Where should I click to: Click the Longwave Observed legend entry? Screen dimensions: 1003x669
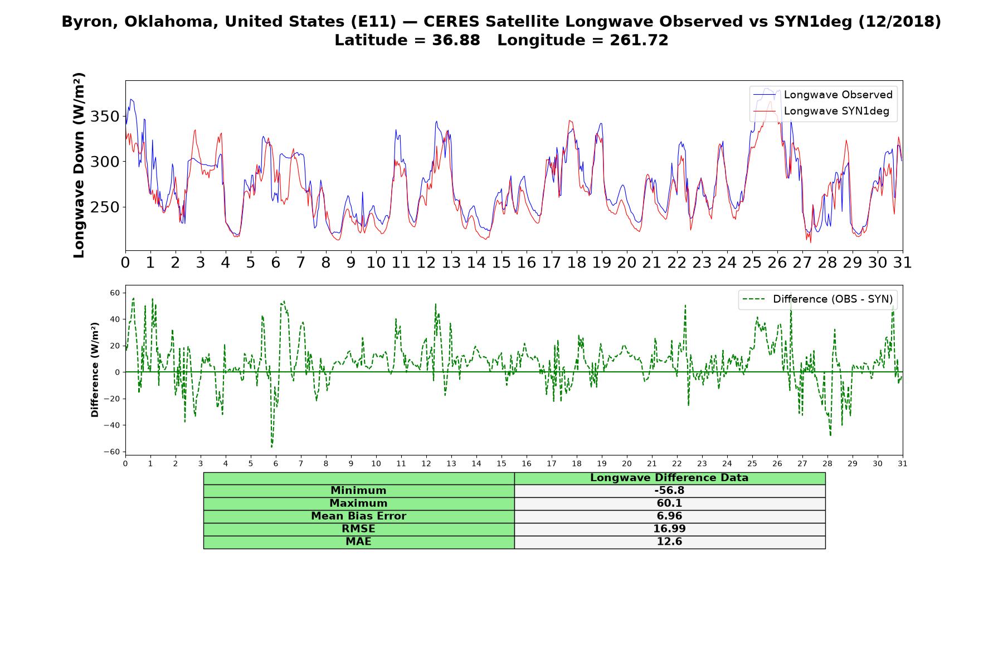[x=822, y=95]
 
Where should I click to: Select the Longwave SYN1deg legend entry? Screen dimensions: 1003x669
[x=821, y=111]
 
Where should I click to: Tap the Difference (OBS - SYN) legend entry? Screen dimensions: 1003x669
[x=817, y=299]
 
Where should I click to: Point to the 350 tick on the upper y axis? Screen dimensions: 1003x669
[x=105, y=117]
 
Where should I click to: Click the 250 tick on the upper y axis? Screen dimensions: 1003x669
[x=105, y=207]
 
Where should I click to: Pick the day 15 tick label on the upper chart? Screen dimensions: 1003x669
[x=501, y=263]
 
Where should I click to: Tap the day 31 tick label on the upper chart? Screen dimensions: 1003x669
[x=902, y=263]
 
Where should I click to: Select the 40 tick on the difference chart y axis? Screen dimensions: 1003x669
[x=115, y=319]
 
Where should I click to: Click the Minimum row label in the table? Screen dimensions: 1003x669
[x=358, y=491]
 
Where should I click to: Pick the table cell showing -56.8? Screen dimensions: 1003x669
[x=669, y=491]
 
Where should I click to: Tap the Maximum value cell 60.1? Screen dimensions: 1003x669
[x=669, y=503]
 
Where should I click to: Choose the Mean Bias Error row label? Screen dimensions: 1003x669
[x=358, y=516]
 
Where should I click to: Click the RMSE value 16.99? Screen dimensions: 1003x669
[x=669, y=529]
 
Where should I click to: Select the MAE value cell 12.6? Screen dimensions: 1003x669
[x=669, y=542]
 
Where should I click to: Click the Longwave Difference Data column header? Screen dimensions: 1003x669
[x=669, y=478]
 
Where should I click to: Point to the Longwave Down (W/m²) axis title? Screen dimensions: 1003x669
[x=79, y=165]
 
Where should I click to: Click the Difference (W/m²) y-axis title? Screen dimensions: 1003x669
[x=95, y=370]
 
